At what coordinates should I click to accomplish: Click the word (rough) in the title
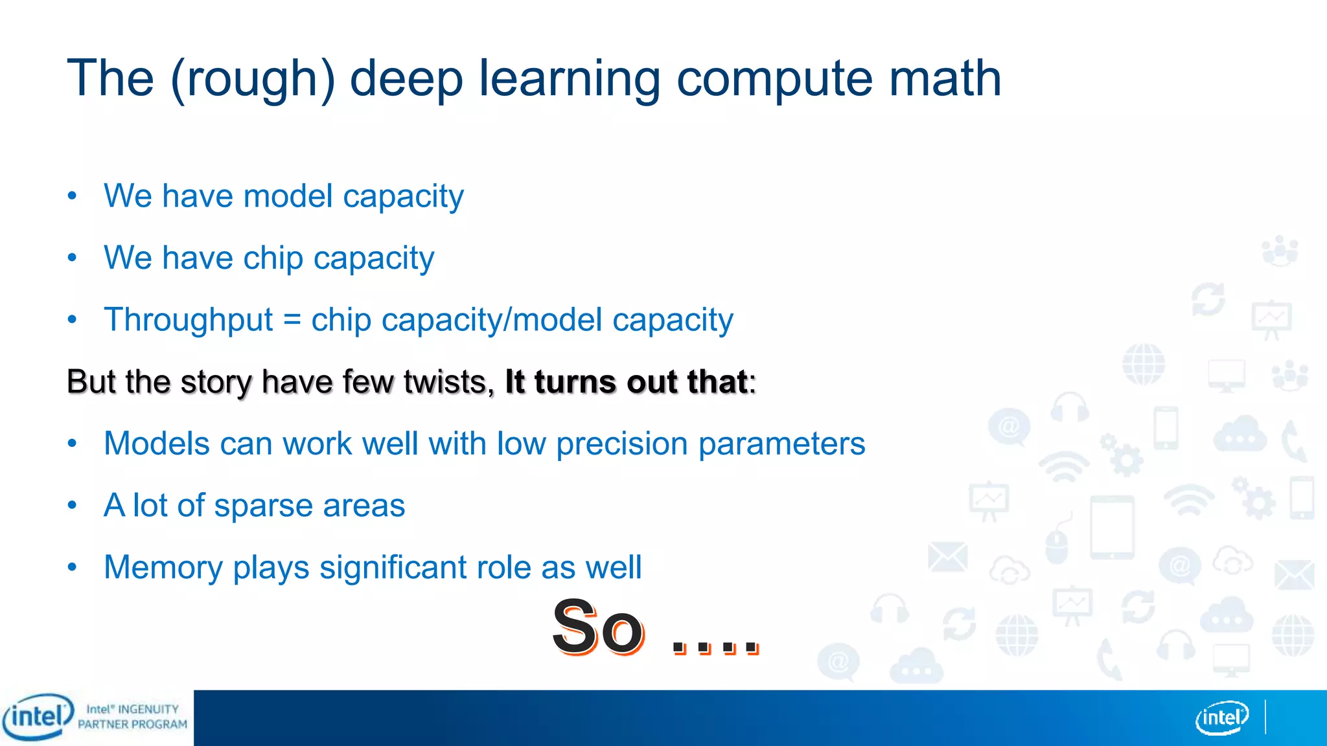pyautogui.click(x=253, y=79)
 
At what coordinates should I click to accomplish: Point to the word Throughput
pyautogui.click(x=189, y=320)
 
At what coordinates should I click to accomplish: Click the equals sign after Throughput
pyautogui.click(x=292, y=320)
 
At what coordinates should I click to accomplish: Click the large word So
pyautogui.click(x=597, y=627)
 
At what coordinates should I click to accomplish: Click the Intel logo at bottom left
pyautogui.click(x=38, y=717)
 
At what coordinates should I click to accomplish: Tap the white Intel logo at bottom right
pyautogui.click(x=1221, y=718)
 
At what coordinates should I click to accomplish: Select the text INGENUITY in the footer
pyautogui.click(x=148, y=710)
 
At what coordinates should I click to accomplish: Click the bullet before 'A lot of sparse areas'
pyautogui.click(x=72, y=504)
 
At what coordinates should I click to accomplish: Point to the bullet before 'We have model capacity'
pyautogui.click(x=72, y=195)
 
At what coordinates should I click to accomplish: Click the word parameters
pyautogui.click(x=781, y=444)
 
